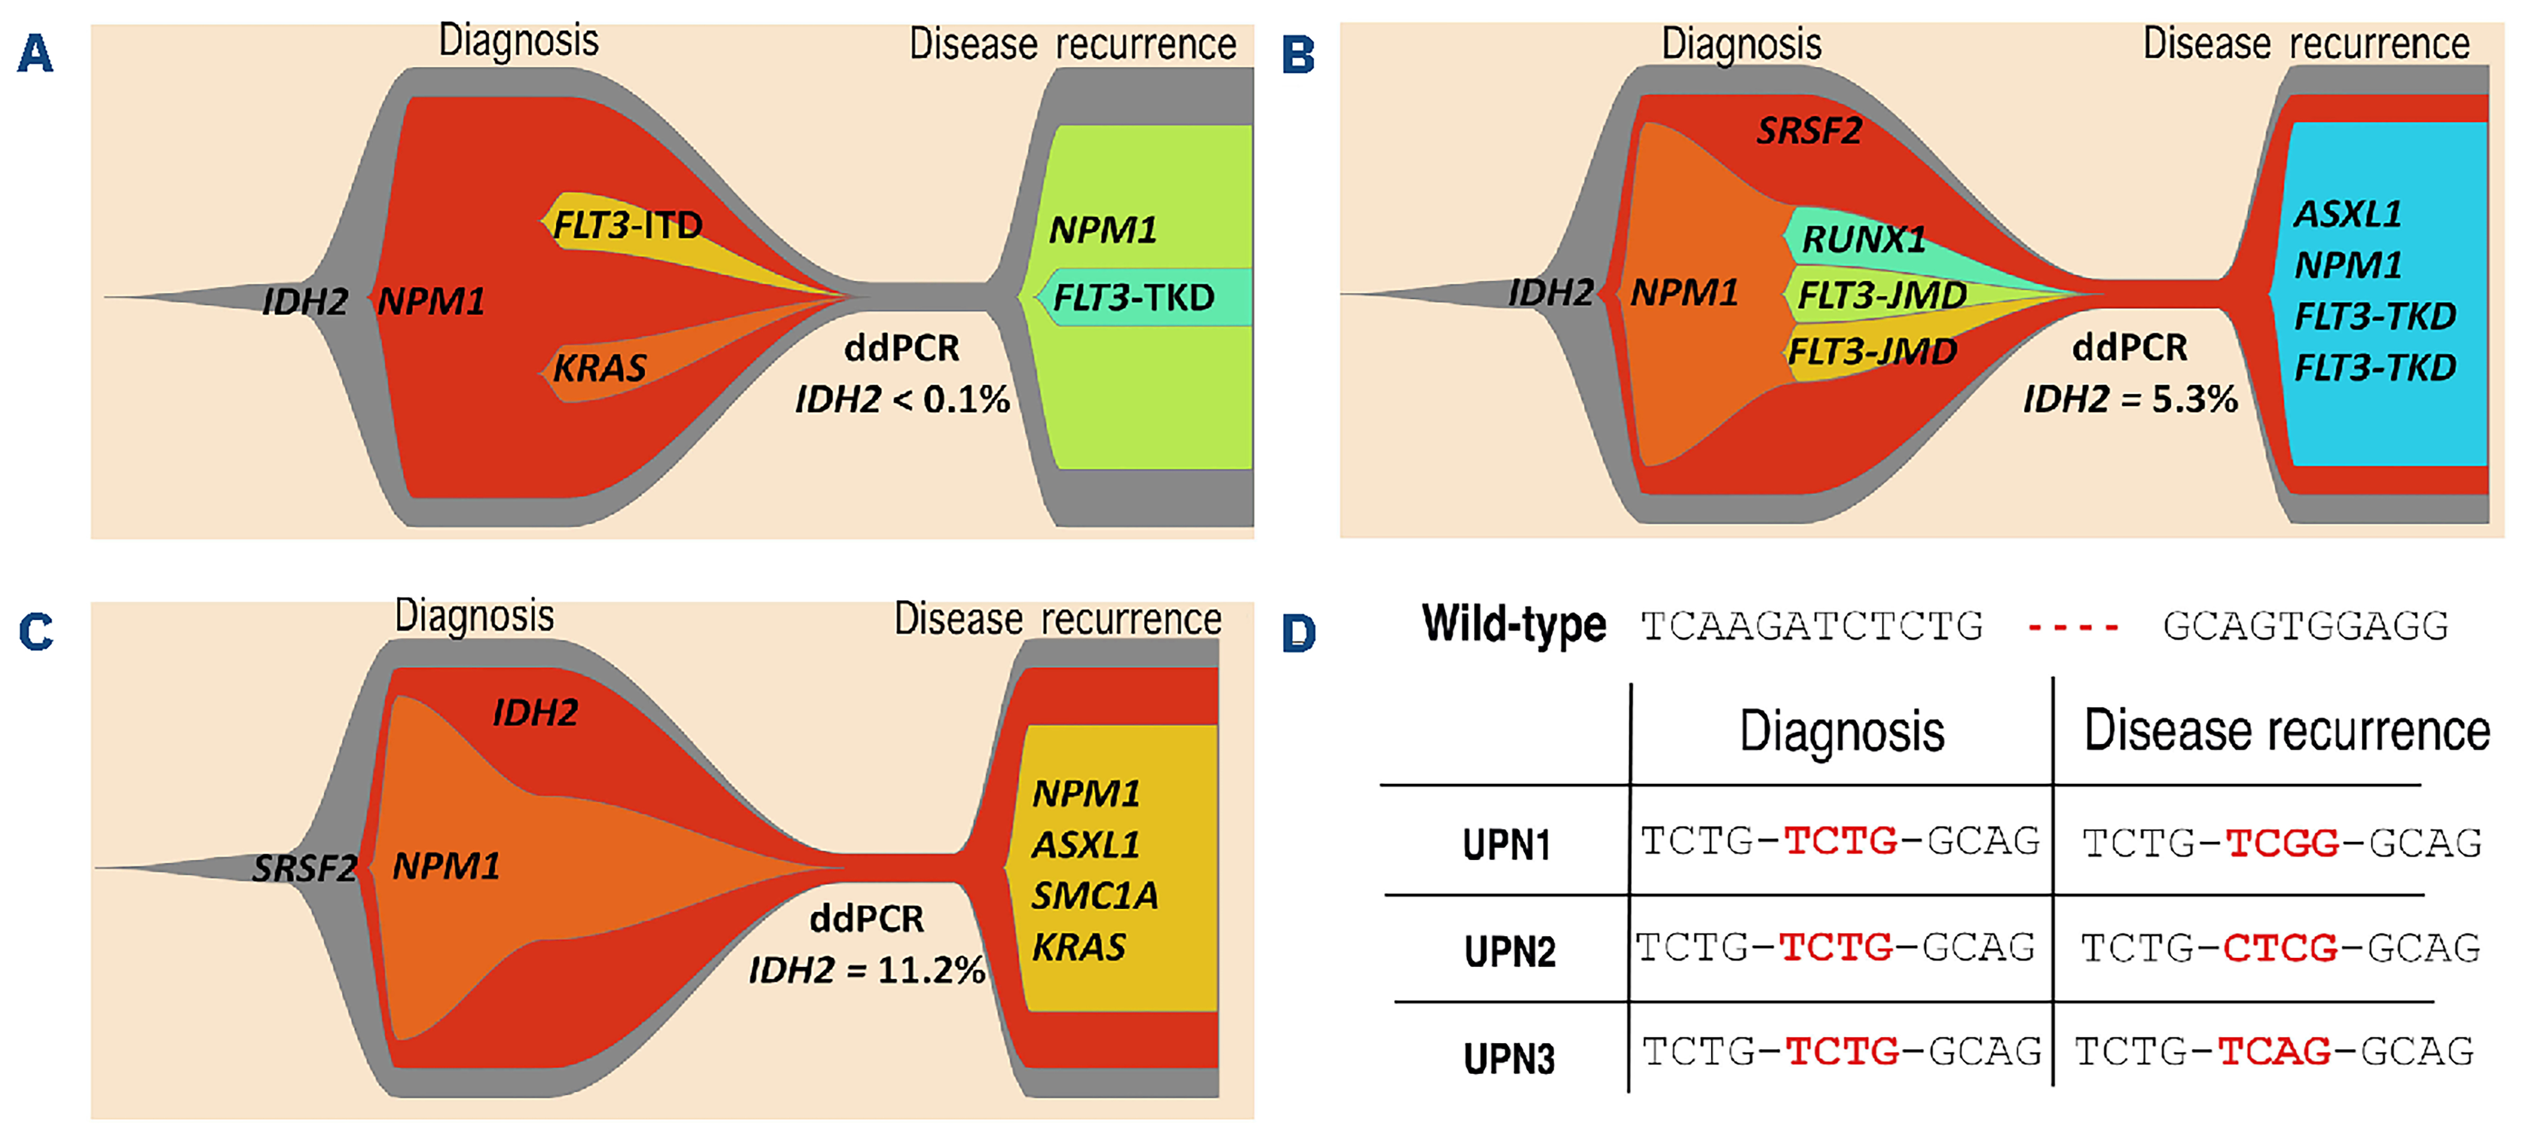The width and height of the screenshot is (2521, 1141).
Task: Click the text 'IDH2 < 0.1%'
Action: coord(901,399)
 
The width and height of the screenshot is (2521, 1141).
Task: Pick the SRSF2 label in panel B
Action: coord(1809,130)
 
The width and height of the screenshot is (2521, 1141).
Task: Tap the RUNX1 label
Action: coord(1863,239)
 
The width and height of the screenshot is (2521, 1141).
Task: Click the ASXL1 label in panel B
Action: coord(2348,213)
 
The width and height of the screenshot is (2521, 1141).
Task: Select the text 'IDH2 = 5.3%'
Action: coord(2129,399)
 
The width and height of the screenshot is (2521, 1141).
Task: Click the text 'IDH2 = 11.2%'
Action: coord(866,970)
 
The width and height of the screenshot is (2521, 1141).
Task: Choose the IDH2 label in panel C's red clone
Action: coord(534,713)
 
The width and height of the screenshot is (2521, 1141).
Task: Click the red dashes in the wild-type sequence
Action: coord(2073,626)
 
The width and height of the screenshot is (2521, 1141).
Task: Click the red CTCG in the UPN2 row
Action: coord(2280,947)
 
